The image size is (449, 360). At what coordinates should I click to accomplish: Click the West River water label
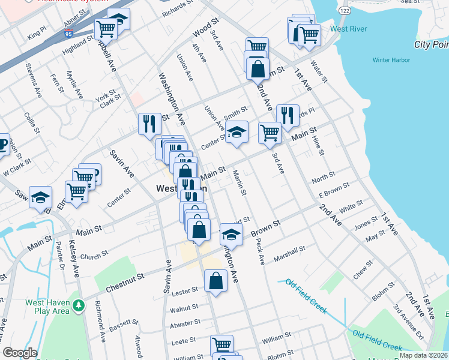348,29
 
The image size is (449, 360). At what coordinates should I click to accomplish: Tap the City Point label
432,44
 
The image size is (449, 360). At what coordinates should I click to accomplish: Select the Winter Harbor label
391,60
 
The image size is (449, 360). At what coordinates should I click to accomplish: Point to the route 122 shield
344,11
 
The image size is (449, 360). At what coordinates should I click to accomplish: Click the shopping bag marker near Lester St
215,281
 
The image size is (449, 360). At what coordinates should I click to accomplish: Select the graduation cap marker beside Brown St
231,235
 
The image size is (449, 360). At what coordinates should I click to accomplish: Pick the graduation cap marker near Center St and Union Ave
237,132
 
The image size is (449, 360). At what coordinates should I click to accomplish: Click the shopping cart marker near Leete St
221,345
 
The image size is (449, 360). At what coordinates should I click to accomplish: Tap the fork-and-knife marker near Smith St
288,115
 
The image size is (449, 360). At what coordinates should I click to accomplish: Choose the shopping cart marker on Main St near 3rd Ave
270,133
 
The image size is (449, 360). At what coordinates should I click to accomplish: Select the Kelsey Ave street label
74,259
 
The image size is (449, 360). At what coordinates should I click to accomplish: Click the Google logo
20,353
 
